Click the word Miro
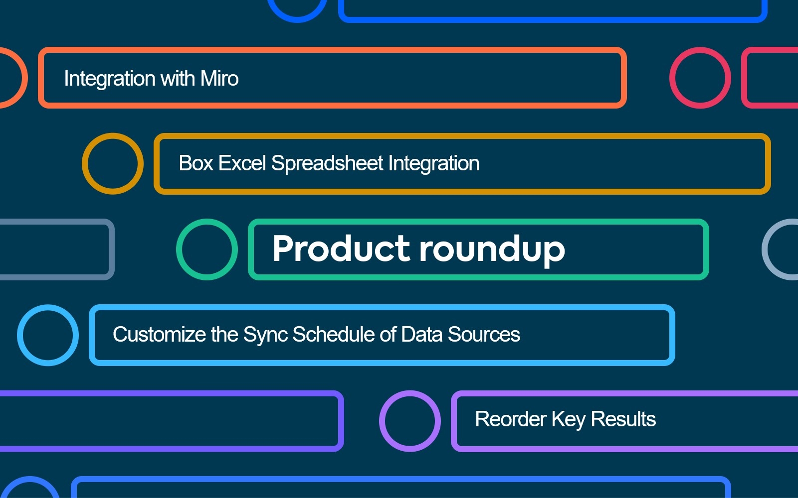coord(219,78)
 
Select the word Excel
coord(242,163)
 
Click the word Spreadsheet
coord(327,163)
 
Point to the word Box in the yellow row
coord(196,163)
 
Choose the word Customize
coord(159,334)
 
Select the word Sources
coord(484,334)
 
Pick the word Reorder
coord(511,419)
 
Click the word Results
coord(623,419)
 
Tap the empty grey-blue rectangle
coord(112,249)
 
